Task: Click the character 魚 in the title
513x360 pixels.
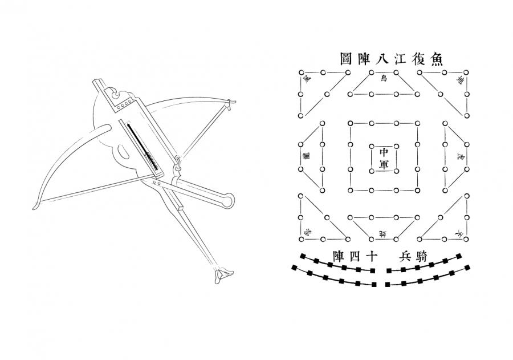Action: pyautogui.click(x=437, y=59)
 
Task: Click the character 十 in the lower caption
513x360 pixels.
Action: pyautogui.click(x=371, y=256)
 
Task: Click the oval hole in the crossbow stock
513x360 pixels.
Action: pyautogui.click(x=121, y=153)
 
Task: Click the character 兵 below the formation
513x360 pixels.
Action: pyautogui.click(x=405, y=256)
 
